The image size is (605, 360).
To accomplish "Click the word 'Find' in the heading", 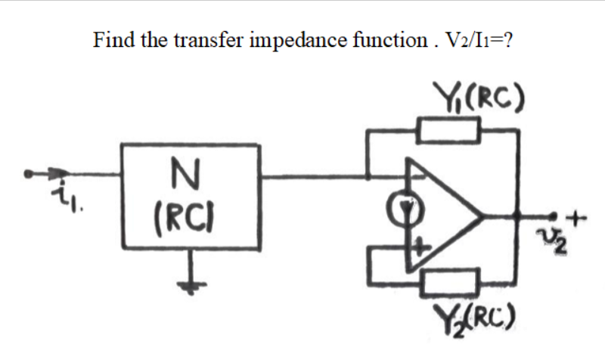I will tap(110, 39).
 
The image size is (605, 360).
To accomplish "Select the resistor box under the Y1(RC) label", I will tap(450, 132).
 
